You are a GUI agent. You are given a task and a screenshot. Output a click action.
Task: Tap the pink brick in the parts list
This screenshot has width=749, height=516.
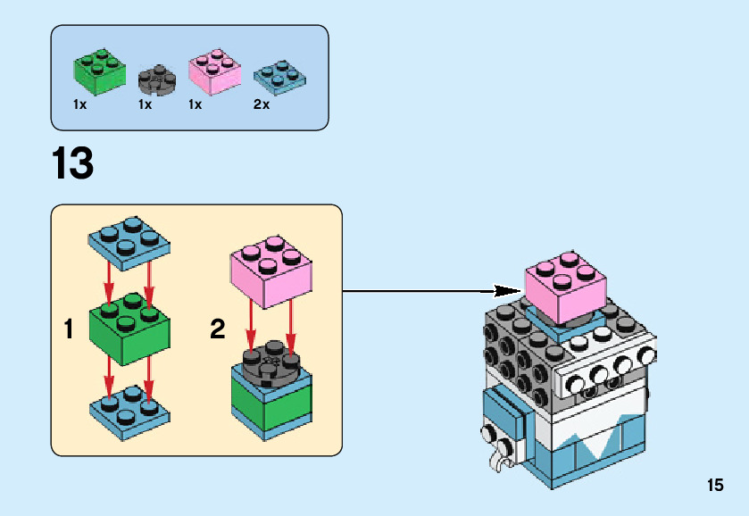click(x=214, y=72)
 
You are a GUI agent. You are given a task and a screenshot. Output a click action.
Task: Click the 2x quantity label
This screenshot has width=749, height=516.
click(x=262, y=104)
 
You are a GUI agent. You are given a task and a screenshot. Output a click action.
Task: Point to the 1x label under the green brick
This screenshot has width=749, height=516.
click(x=80, y=104)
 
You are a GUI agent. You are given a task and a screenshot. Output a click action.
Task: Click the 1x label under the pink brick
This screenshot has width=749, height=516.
click(x=196, y=104)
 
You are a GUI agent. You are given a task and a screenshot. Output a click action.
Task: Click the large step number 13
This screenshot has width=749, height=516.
click(x=72, y=164)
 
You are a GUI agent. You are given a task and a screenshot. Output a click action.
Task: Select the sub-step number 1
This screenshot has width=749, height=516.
click(x=69, y=330)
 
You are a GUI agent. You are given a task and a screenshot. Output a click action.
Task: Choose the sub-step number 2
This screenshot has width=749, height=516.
click(x=217, y=330)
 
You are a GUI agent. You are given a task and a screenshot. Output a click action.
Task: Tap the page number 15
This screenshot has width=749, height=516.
click(x=714, y=486)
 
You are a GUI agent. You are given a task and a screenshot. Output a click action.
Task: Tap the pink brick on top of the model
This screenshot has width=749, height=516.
click(x=563, y=287)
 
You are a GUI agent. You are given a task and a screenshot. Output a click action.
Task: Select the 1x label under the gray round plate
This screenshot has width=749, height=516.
click(x=145, y=104)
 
